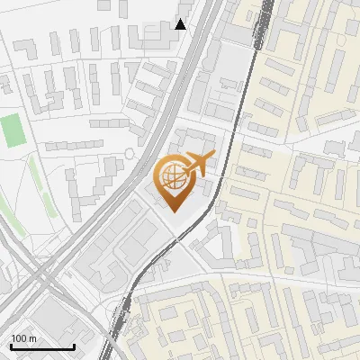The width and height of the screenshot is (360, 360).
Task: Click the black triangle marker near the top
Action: click(x=181, y=24)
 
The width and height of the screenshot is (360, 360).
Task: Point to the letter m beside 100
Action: click(x=33, y=338)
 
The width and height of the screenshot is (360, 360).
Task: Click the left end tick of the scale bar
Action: click(x=11, y=346)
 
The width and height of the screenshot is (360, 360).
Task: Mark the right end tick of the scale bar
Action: click(x=75, y=346)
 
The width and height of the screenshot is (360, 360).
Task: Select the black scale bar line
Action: click(x=42, y=347)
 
